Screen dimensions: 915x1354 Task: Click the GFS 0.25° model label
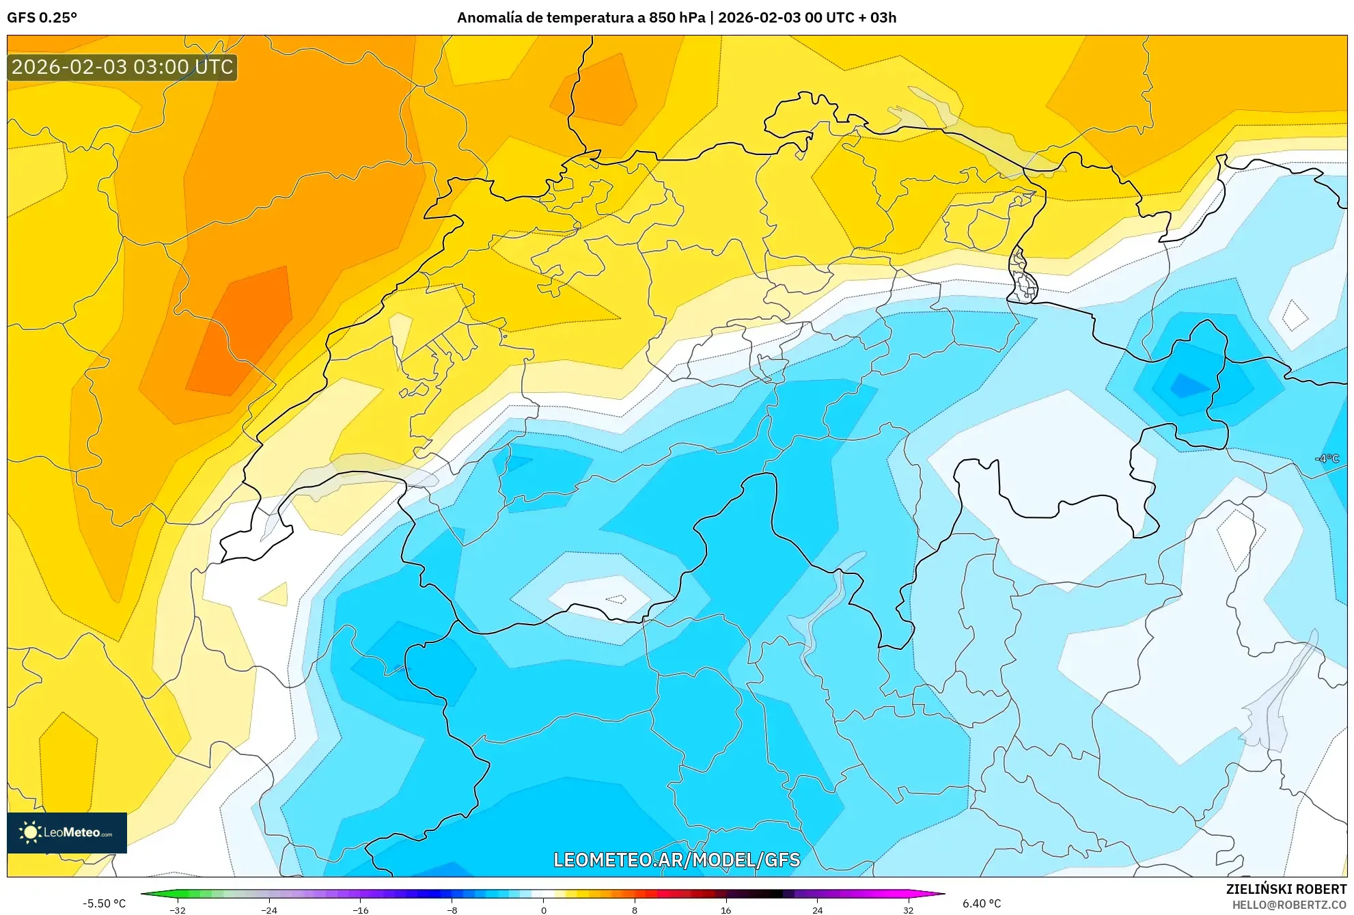pyautogui.click(x=42, y=18)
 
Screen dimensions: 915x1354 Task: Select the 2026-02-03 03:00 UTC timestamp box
pyautogui.click(x=122, y=68)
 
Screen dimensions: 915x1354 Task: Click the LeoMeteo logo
pyautogui.click(x=67, y=832)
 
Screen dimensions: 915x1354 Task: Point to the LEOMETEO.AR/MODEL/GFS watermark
pyautogui.click(x=676, y=860)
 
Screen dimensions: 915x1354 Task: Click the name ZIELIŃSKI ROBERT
pyautogui.click(x=1286, y=889)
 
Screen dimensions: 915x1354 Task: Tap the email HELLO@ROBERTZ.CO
pyautogui.click(x=1288, y=905)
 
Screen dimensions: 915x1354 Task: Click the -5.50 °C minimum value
pyautogui.click(x=104, y=903)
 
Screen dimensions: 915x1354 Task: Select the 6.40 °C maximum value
pyautogui.click(x=982, y=903)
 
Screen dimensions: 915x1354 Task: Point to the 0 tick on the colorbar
pyautogui.click(x=543, y=910)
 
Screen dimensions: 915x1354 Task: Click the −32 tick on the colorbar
pyautogui.click(x=178, y=910)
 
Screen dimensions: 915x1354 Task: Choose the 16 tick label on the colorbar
pyautogui.click(x=726, y=910)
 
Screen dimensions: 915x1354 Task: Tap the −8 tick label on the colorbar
pyautogui.click(x=452, y=910)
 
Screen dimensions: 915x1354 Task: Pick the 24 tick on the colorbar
pyautogui.click(x=817, y=910)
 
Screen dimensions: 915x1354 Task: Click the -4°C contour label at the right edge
pyautogui.click(x=1327, y=459)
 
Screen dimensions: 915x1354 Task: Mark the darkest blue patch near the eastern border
pyautogui.click(x=1189, y=386)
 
